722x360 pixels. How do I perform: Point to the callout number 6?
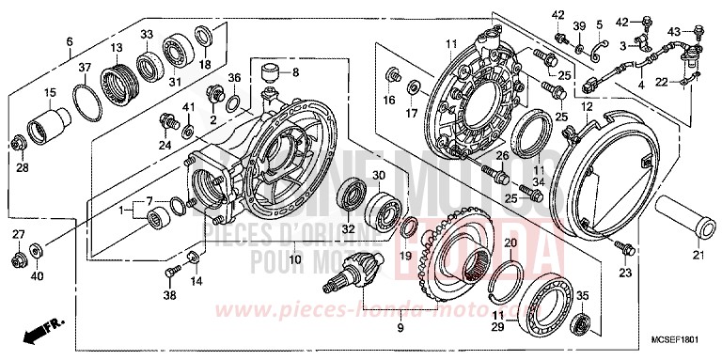point(70,40)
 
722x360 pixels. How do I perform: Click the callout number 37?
point(85,68)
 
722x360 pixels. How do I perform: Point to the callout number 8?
point(296,71)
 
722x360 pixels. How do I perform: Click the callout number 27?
point(18,233)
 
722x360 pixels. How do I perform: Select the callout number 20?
point(510,243)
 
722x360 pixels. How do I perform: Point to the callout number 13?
point(117,48)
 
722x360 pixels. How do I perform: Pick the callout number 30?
point(379,176)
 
